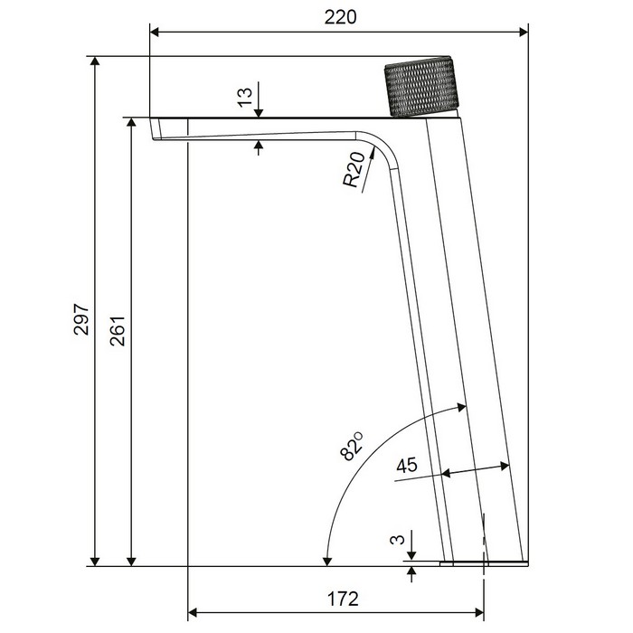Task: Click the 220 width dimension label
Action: point(340,17)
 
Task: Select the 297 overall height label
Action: point(81,319)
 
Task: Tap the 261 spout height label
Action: point(118,331)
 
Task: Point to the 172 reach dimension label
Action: point(343,599)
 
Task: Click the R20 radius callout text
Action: point(354,170)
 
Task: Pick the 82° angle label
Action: point(352,447)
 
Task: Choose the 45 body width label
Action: point(407,466)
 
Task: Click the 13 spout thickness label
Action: point(245,98)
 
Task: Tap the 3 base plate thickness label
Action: point(398,539)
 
